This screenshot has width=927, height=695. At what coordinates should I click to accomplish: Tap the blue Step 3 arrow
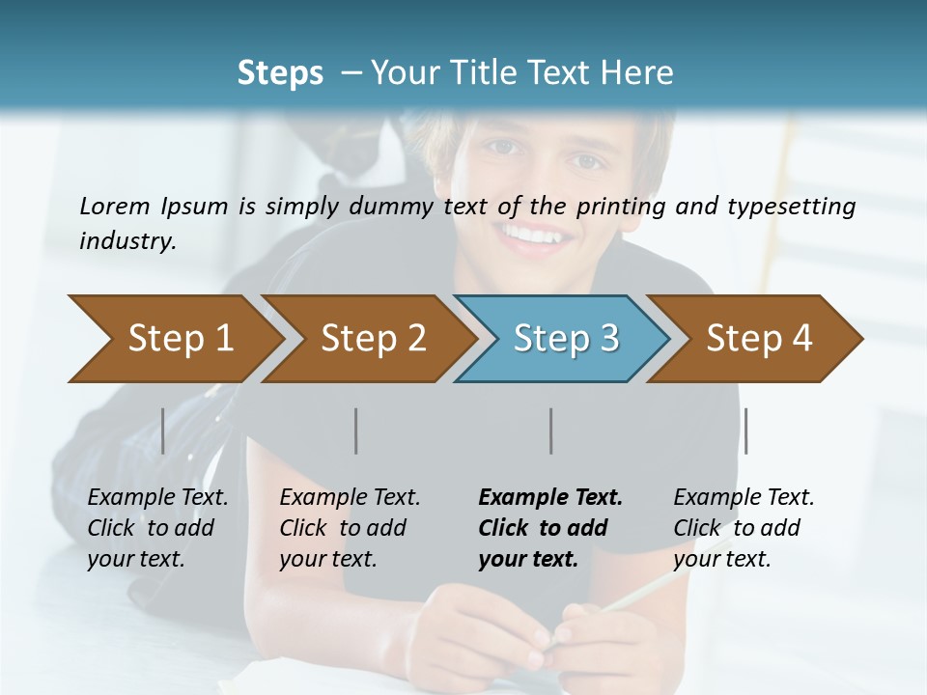tap(566, 338)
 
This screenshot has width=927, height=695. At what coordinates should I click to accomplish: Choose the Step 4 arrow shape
tap(759, 338)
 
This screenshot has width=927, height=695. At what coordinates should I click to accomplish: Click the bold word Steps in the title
tap(280, 72)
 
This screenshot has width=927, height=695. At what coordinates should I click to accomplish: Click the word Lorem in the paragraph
tap(115, 206)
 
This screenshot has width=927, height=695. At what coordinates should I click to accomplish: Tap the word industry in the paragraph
tap(126, 241)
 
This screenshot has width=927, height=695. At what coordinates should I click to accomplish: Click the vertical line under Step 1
tap(163, 431)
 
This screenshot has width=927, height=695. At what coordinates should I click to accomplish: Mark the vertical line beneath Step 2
tap(356, 431)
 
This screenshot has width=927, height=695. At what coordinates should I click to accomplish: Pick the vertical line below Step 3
tap(550, 431)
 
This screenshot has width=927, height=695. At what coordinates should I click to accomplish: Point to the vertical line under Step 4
tap(745, 431)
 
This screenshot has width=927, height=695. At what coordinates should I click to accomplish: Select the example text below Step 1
tap(157, 528)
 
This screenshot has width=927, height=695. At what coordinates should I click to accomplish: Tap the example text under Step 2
tap(350, 528)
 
